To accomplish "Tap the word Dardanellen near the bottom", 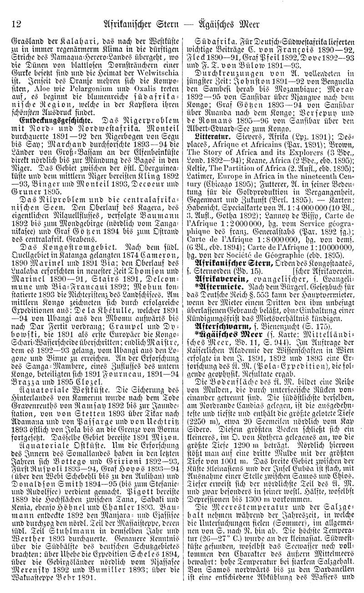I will (x=328, y=580).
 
